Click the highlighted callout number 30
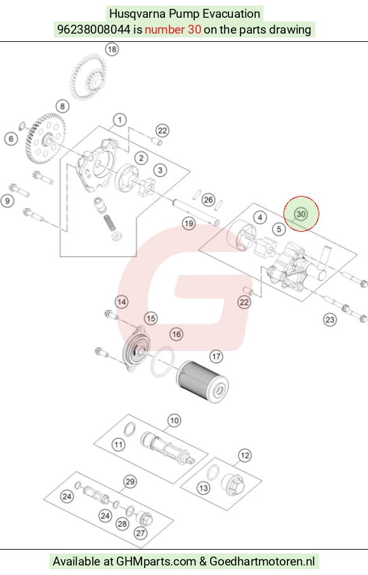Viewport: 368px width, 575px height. [x=301, y=214]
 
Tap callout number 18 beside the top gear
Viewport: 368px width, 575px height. [x=112, y=49]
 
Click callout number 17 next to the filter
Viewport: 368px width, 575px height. [x=216, y=357]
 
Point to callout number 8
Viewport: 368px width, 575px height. [x=63, y=107]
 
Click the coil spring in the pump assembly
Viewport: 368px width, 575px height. [x=109, y=223]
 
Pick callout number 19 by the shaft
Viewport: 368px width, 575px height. [x=189, y=223]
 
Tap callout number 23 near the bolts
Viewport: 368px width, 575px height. [x=330, y=320]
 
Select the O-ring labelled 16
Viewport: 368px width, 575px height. [x=162, y=361]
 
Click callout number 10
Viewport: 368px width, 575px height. [x=174, y=421]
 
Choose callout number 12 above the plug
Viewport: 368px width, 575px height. [x=245, y=456]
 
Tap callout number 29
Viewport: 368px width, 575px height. [x=130, y=482]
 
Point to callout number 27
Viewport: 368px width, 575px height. [x=140, y=533]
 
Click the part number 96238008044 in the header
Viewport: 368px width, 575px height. [x=93, y=29]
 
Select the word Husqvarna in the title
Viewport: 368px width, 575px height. [x=138, y=14]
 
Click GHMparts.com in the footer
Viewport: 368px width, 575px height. [x=156, y=562]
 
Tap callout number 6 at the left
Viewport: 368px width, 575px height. [x=11, y=139]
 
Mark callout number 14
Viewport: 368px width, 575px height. [x=122, y=302]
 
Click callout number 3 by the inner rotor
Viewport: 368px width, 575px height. [x=160, y=171]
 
